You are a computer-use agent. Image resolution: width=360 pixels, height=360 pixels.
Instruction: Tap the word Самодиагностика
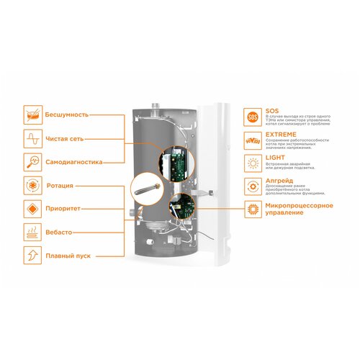coord(74,162)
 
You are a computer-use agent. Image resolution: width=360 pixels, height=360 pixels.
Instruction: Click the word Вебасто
coord(60,233)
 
